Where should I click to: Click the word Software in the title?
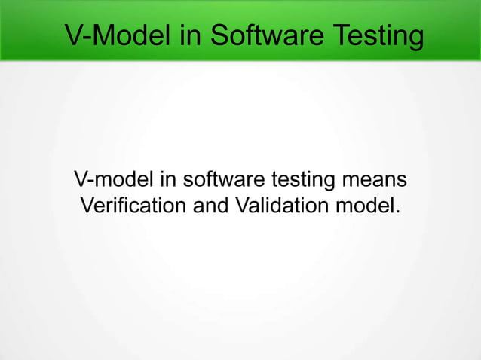tap(266, 35)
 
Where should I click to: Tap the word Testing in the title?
tap(375, 35)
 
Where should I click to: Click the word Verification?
tap(133, 204)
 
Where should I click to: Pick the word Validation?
tap(284, 204)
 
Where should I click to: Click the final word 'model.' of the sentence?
tap(369, 204)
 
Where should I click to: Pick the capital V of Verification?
tap(85, 204)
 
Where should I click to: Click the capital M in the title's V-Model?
tap(102, 35)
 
